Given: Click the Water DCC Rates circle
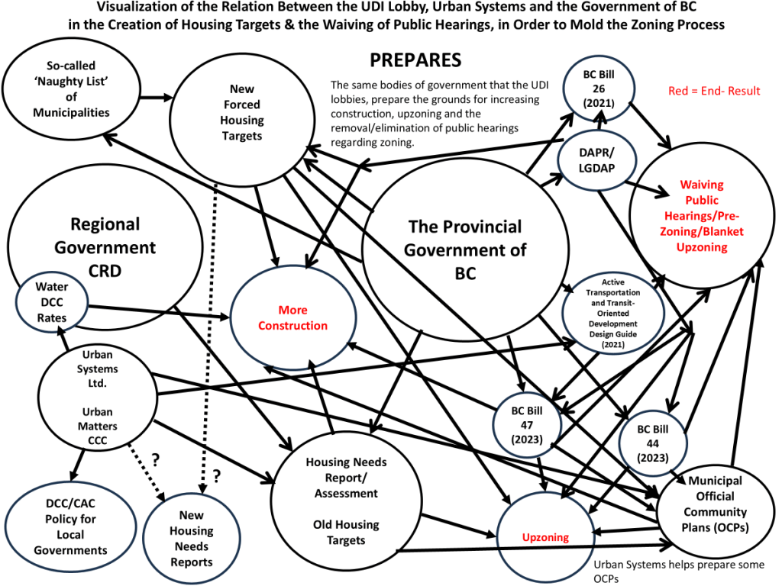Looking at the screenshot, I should click(x=52, y=302).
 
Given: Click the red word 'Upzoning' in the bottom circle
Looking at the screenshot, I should click(x=545, y=537).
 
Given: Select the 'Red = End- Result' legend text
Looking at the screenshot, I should click(x=714, y=91).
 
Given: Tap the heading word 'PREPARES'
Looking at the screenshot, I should click(x=415, y=60).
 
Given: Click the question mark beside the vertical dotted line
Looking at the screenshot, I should click(x=216, y=476).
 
